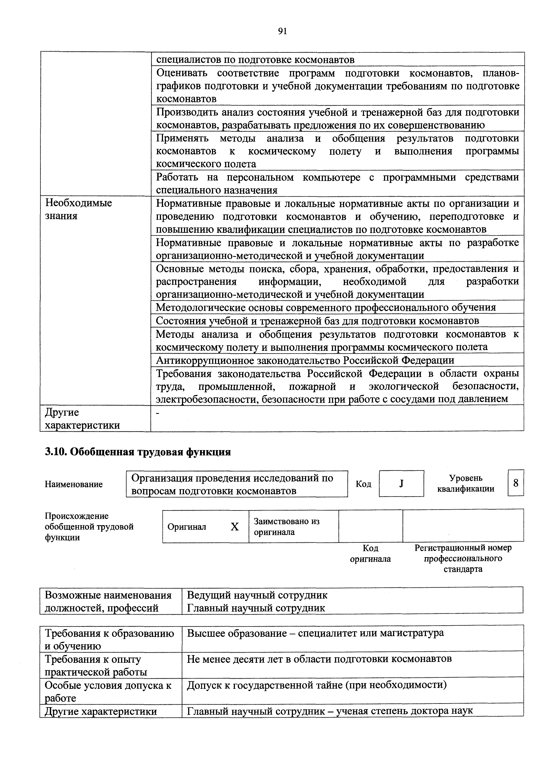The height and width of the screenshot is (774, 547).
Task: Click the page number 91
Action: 282,31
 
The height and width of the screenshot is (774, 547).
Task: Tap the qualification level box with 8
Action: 516,483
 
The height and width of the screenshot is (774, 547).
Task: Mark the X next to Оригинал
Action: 235,527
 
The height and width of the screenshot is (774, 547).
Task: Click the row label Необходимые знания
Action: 79,209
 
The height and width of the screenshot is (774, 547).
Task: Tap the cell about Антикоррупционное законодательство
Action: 305,360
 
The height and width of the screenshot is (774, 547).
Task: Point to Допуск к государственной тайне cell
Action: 317,685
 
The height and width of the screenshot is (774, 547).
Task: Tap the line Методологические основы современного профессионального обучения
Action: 326,307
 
